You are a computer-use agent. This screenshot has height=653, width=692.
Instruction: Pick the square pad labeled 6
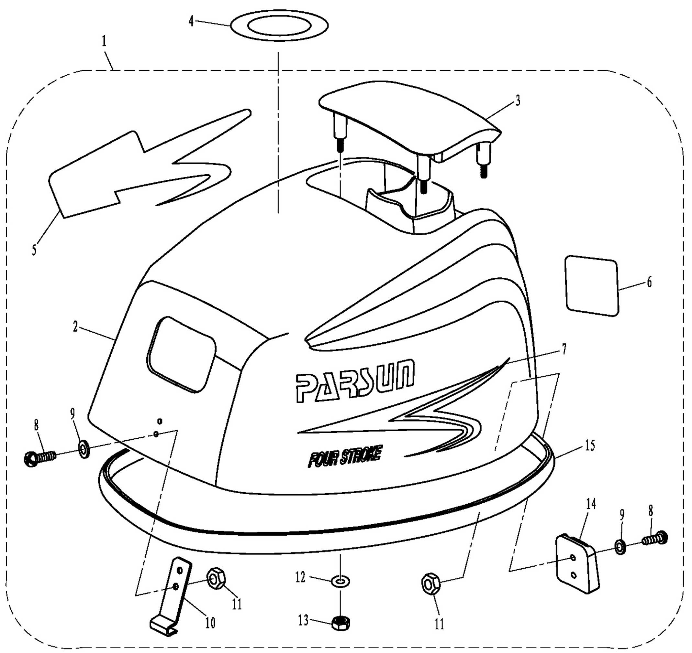(592, 286)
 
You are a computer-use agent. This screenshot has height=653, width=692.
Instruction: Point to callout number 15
(589, 445)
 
